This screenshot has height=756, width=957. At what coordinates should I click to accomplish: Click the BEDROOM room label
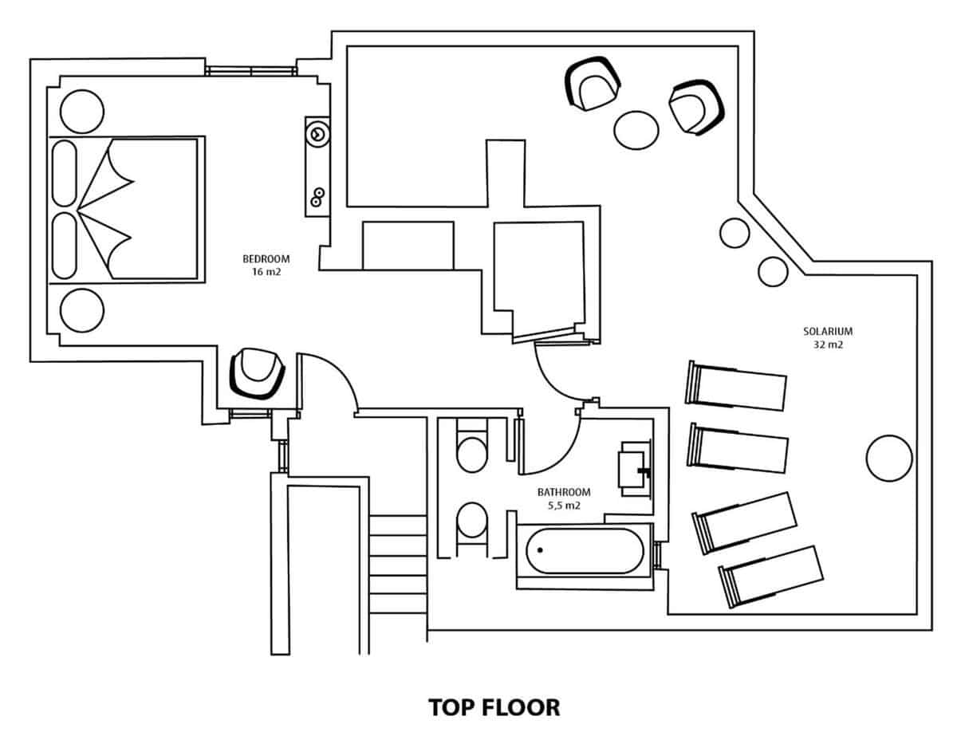[266, 258]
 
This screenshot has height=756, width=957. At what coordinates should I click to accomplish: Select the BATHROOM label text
[564, 492]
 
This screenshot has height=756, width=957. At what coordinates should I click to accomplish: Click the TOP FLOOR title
[494, 707]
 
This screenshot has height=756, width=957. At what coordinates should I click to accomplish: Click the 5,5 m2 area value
[564, 506]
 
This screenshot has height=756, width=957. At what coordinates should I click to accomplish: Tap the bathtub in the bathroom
[584, 551]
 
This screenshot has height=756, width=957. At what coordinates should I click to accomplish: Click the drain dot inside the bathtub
[540, 550]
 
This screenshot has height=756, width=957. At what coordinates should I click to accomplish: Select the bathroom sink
[636, 469]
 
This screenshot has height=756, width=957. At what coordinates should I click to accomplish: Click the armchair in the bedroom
[257, 372]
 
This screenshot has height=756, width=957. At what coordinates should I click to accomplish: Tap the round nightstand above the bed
[81, 111]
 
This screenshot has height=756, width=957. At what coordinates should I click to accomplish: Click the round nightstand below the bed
[81, 309]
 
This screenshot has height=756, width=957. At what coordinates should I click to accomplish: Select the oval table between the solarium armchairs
[636, 128]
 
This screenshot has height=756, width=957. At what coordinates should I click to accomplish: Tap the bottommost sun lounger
[770, 576]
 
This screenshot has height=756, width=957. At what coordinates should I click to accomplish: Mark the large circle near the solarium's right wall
[888, 459]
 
